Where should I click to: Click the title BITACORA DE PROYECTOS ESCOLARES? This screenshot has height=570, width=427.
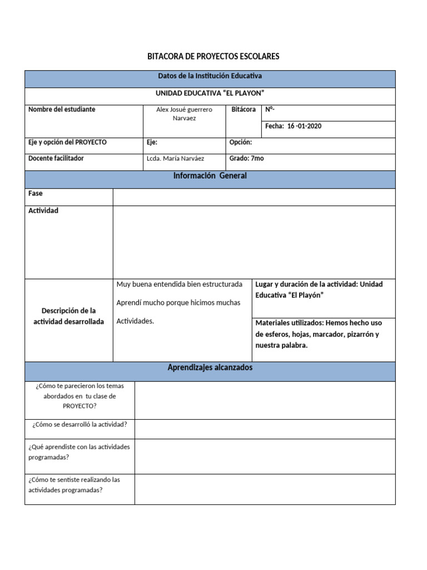click(213, 56)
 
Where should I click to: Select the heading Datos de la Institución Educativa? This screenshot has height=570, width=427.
click(210, 75)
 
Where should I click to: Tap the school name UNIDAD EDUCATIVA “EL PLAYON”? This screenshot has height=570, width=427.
click(210, 93)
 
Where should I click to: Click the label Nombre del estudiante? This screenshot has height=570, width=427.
click(62, 109)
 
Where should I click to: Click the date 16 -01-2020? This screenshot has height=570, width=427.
click(304, 126)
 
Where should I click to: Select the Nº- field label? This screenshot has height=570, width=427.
click(270, 109)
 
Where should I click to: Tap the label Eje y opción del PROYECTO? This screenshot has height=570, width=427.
click(67, 142)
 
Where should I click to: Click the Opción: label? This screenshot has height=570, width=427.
click(241, 142)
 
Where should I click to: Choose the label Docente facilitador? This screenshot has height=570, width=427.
click(56, 158)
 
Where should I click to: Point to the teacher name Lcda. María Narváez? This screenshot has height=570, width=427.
click(176, 159)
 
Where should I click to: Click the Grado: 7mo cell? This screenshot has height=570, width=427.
click(246, 159)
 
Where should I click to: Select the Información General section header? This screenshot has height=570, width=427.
click(210, 176)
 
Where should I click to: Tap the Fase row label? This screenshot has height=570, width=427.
click(36, 194)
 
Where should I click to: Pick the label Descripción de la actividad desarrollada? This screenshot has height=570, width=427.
click(69, 316)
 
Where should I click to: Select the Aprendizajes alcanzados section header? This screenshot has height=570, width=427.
click(210, 367)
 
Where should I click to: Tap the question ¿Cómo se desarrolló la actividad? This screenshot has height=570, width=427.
click(80, 425)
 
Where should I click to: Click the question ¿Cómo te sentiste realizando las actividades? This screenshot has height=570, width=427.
click(74, 485)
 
